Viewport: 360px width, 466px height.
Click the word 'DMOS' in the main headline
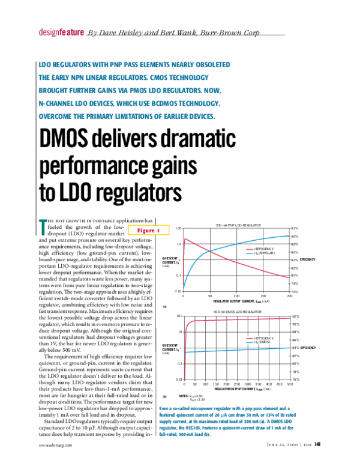click(x=71, y=141)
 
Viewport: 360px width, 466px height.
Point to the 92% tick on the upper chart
click(x=295, y=229)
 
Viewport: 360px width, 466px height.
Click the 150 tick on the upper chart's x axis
click(x=263, y=295)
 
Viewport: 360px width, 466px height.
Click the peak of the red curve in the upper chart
click(x=186, y=238)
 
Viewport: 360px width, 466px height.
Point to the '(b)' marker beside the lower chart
click(x=164, y=396)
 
